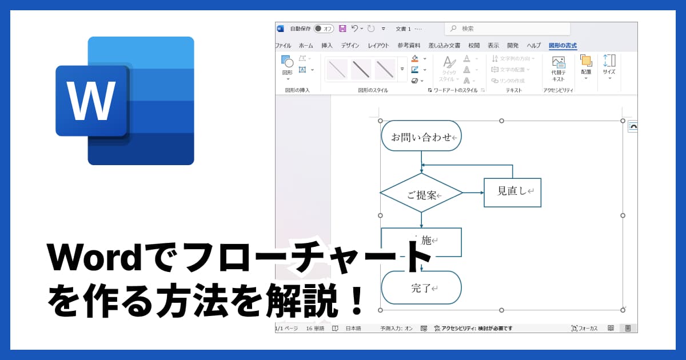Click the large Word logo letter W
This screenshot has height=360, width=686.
[x=91, y=101]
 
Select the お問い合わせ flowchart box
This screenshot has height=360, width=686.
[x=421, y=136]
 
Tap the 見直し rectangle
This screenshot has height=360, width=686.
[x=512, y=192]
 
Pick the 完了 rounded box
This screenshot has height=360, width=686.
[x=421, y=287]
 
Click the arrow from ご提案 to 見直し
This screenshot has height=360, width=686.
[x=473, y=193]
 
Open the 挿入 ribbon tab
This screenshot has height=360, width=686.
[x=327, y=46]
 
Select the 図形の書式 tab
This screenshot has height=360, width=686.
[x=563, y=46]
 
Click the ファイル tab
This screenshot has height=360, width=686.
[x=283, y=46]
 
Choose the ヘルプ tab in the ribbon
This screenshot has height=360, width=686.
[x=533, y=46]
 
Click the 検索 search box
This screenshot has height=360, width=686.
[x=507, y=29]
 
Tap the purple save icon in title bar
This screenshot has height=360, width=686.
[x=342, y=29]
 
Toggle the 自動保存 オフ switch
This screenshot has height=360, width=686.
[x=324, y=29]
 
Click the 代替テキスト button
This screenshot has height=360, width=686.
[x=558, y=69]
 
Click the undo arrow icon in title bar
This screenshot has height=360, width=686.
[x=355, y=29]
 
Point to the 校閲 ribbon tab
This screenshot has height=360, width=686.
[x=474, y=46]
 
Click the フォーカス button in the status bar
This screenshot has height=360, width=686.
[x=584, y=328]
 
